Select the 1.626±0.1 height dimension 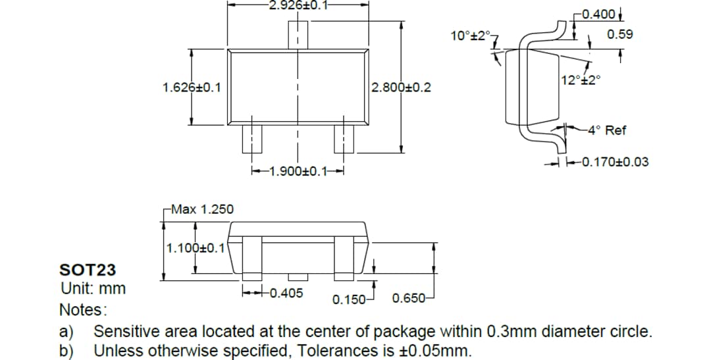[192, 87]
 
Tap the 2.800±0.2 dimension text [401, 87]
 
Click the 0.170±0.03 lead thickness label [612, 162]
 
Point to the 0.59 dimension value [620, 34]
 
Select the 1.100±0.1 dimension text [196, 249]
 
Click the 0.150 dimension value [349, 300]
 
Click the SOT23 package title [88, 270]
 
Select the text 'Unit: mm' [93, 288]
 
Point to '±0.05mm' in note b [435, 350]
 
